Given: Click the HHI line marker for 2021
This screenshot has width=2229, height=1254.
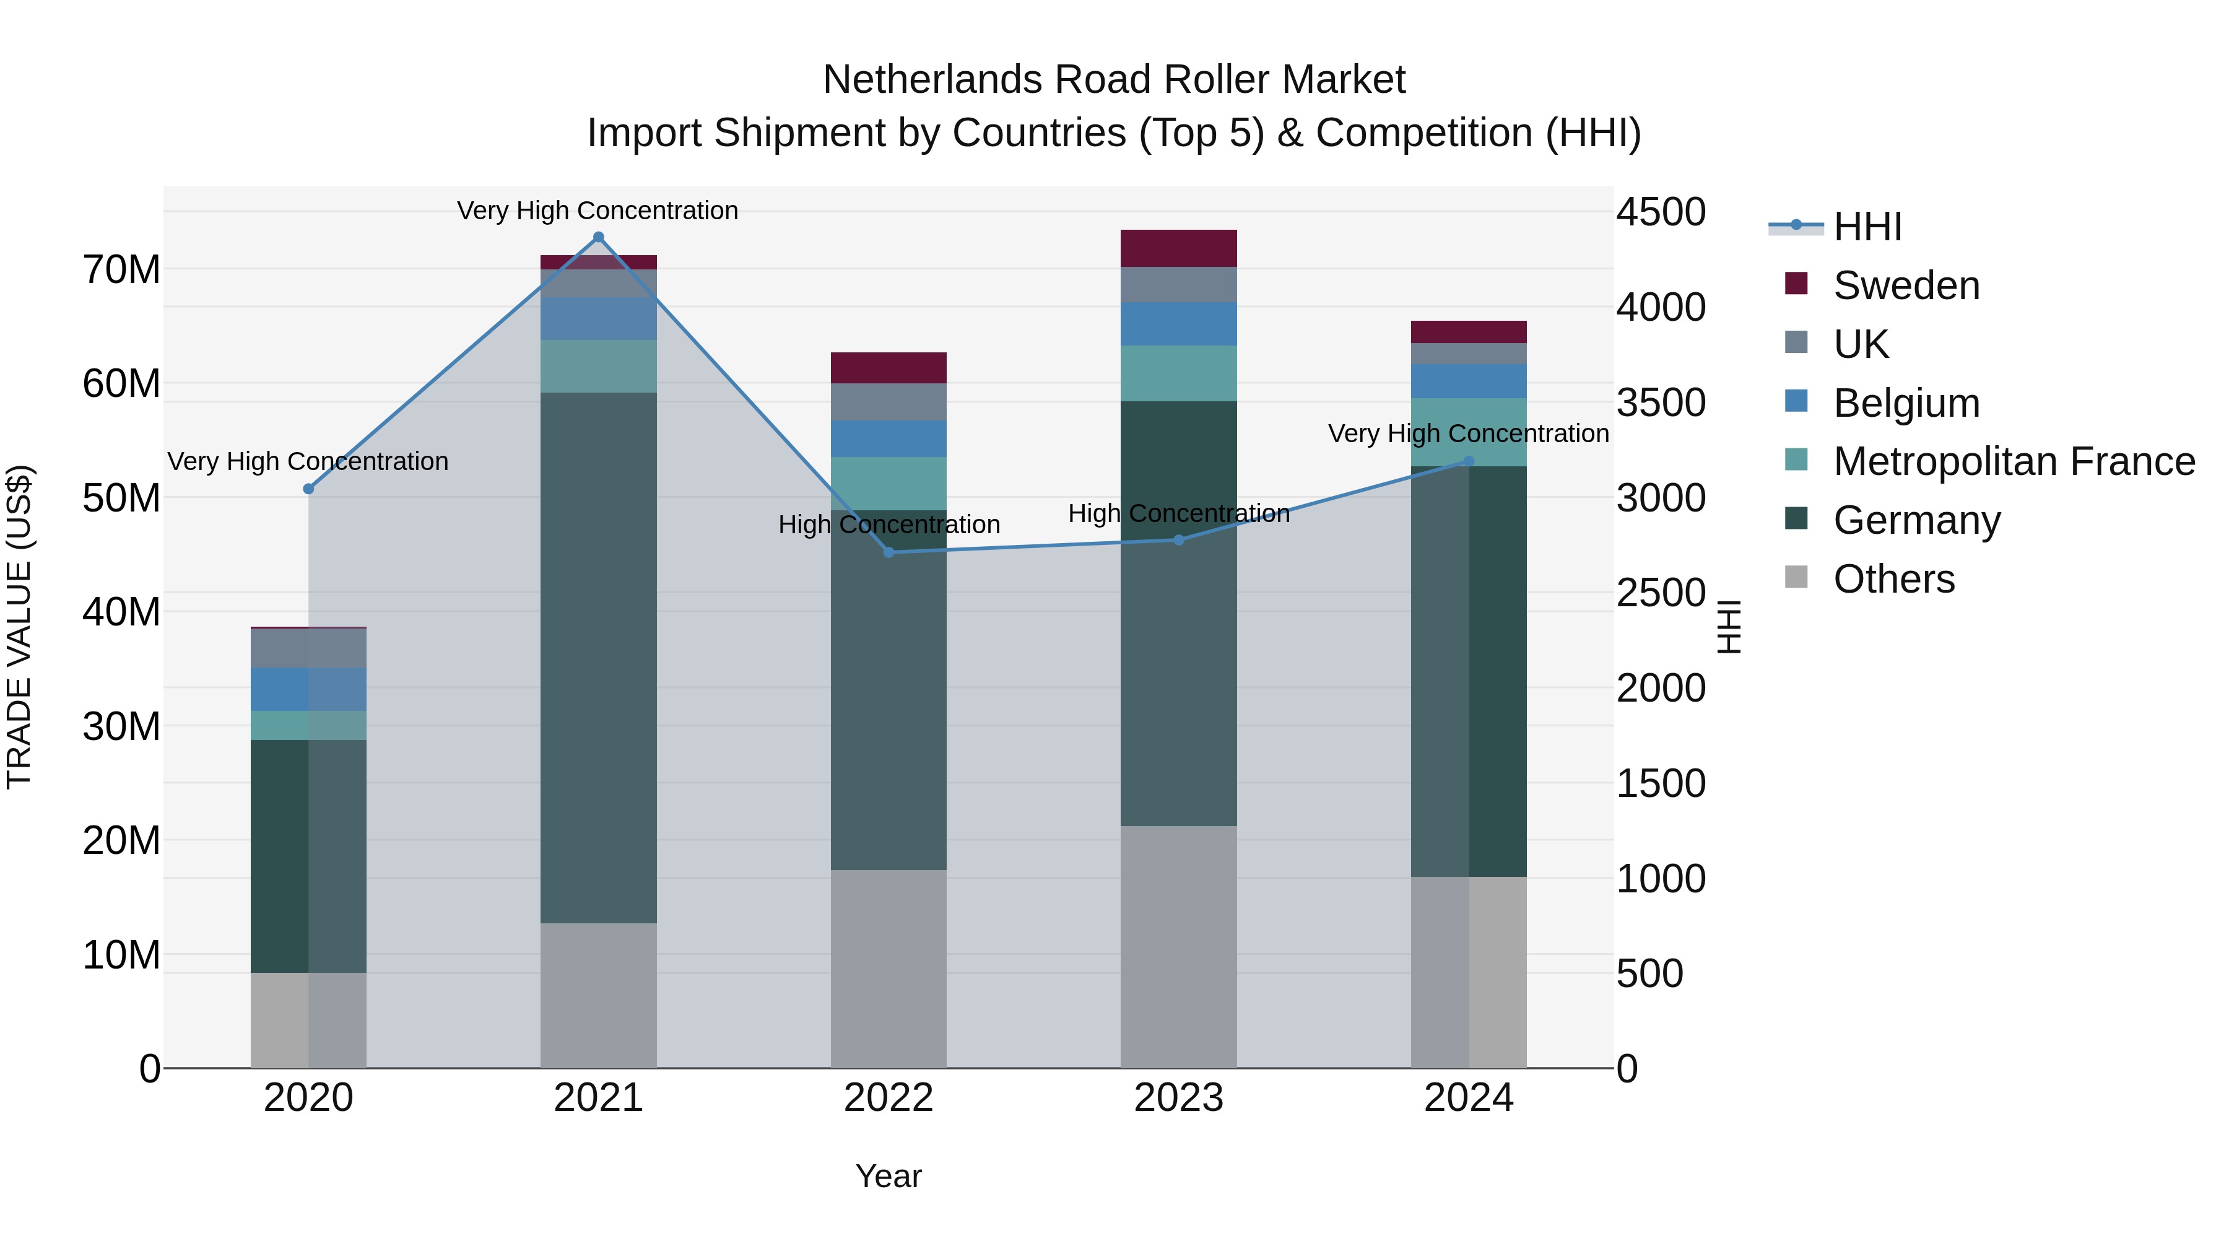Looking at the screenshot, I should pos(598,237).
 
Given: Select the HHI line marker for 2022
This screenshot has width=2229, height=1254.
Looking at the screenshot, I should pos(889,552).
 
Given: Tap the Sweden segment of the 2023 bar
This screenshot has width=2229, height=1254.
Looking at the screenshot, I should pos(1178,248).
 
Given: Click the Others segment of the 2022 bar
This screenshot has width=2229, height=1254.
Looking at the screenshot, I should pos(889,969).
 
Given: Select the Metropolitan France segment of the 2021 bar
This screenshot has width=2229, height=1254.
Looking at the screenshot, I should pos(598,366).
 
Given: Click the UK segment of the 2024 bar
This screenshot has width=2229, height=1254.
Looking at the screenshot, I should pos(1469,354).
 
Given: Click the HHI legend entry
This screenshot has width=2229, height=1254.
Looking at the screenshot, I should pos(1867,227).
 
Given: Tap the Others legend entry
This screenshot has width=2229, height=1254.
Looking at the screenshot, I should pos(1893,579).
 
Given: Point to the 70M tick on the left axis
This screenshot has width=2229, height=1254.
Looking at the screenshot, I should pos(121,270).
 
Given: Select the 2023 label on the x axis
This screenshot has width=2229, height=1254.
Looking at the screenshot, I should pos(1178,1098).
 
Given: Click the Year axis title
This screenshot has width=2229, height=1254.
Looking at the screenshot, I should pos(889,1176).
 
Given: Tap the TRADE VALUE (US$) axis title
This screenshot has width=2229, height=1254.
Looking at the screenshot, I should pos(19,627).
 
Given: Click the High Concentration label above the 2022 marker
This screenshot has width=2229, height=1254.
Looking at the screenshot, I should pos(889,525).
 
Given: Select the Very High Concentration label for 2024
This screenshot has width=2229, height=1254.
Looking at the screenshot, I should pos(1469,433).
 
